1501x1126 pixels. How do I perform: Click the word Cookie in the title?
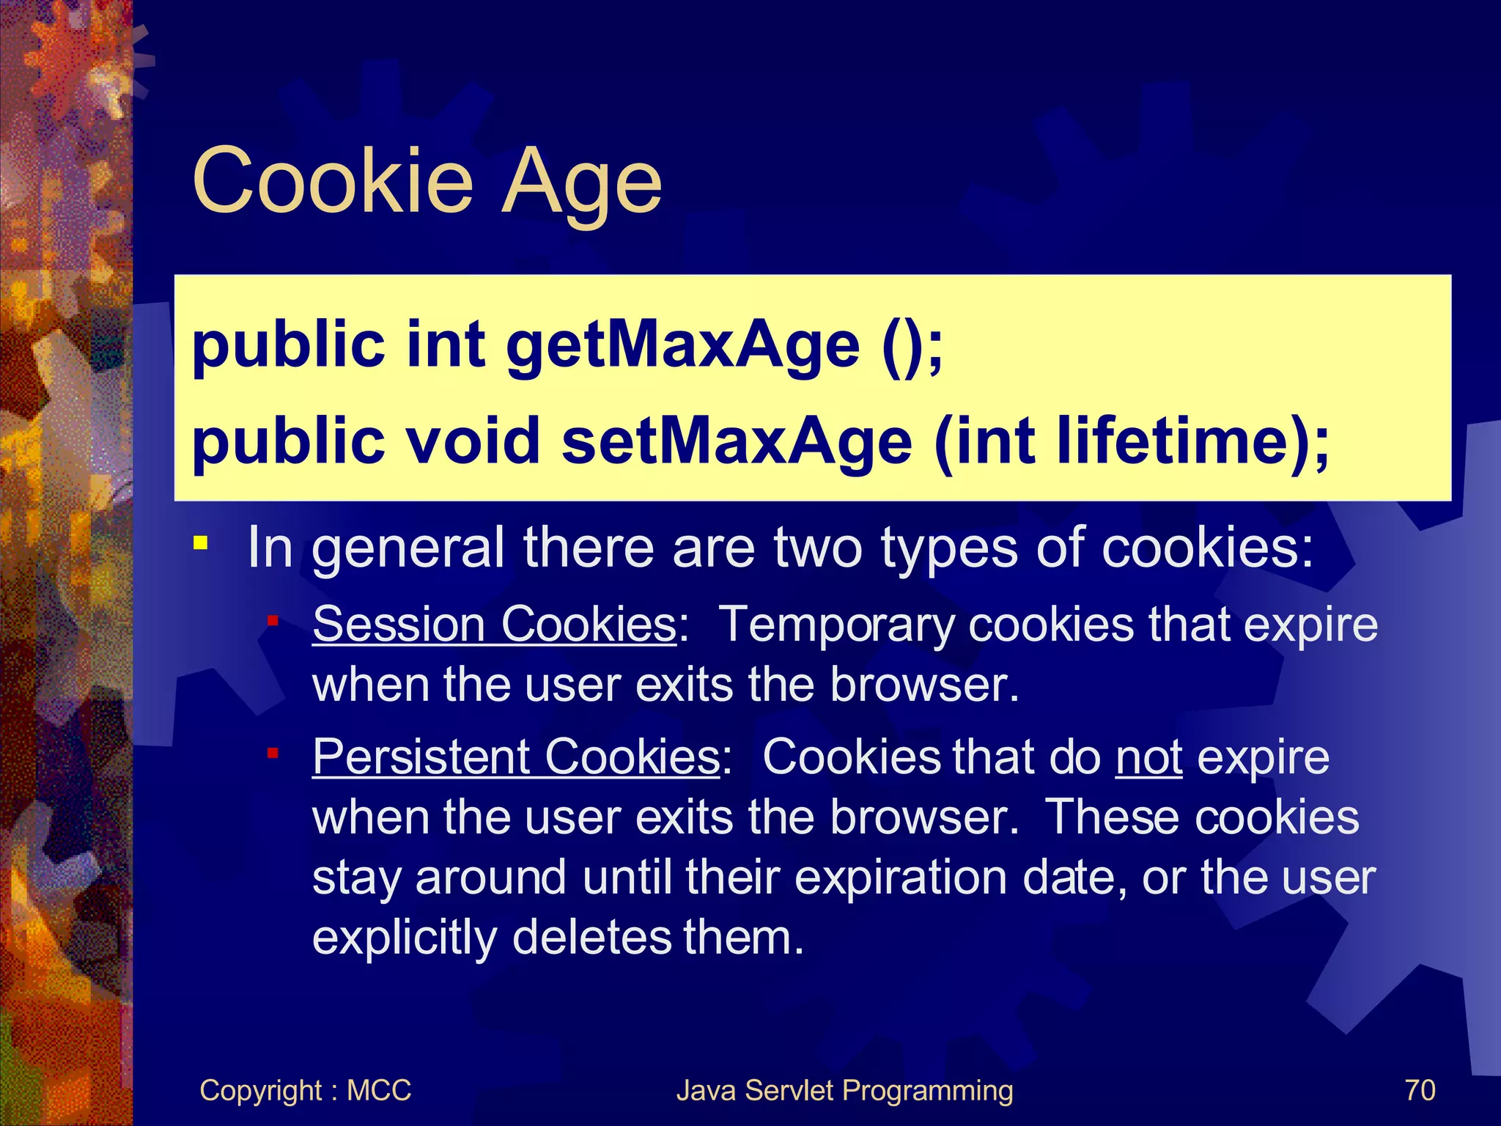coord(333,181)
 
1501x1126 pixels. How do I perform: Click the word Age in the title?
coord(581,183)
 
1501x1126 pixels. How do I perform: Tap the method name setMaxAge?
coord(737,442)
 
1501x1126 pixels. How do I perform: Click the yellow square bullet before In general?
coord(200,544)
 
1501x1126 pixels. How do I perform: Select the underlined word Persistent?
coord(421,757)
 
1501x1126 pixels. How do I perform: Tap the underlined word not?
coord(1148,757)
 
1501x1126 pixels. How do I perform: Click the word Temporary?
coord(836,626)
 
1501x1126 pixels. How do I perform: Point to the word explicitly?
coord(405,938)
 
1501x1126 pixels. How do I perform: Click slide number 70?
coord(1420,1090)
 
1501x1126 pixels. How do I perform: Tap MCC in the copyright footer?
coord(378,1090)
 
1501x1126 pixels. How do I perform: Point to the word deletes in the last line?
coord(591,938)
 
